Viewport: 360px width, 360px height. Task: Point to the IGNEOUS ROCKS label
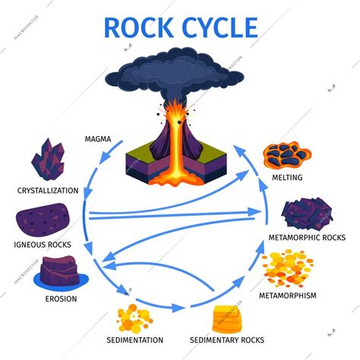pos(44,245)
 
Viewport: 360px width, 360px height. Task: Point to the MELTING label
pos(287,178)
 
